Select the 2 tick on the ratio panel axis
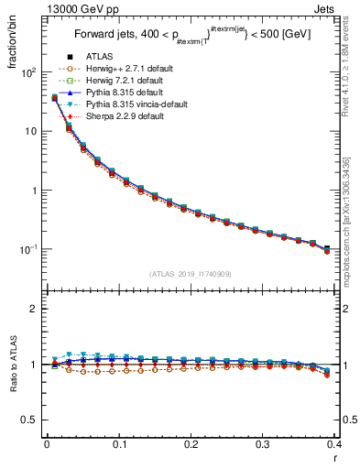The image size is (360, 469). point(35,309)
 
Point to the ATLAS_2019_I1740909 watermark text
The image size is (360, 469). point(190,273)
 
